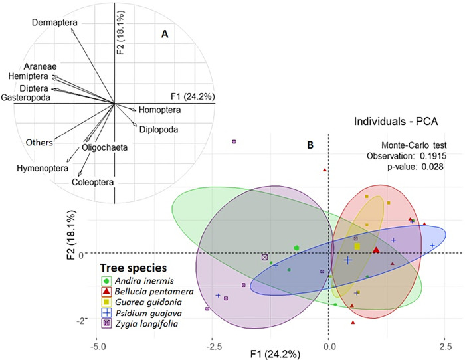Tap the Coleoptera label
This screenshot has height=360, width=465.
click(x=92, y=182)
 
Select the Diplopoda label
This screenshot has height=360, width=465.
click(x=159, y=130)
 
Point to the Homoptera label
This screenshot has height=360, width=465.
click(x=160, y=110)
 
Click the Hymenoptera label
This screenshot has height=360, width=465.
click(x=43, y=169)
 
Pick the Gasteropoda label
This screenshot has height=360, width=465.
click(x=25, y=97)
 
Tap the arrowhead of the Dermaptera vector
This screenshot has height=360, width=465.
click(x=72, y=31)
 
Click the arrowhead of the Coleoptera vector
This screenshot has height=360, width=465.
click(x=80, y=175)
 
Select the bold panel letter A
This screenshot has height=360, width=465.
click(x=165, y=35)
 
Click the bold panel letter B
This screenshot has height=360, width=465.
click(x=310, y=145)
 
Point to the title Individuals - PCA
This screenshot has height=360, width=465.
click(x=396, y=122)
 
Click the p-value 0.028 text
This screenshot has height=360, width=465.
click(x=415, y=167)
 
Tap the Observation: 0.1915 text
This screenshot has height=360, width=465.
click(x=407, y=156)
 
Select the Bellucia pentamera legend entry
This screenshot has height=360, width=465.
click(x=147, y=292)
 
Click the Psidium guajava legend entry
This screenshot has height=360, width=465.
click(x=141, y=313)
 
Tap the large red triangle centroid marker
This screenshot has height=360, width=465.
click(x=376, y=250)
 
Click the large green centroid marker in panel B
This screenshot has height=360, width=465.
click(x=296, y=248)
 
